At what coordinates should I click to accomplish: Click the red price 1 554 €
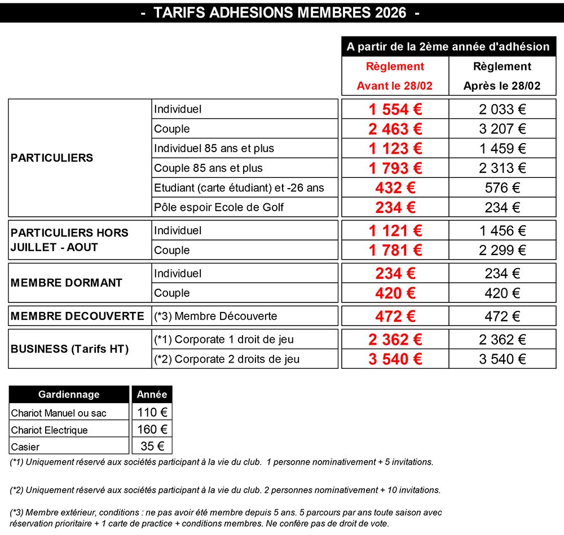[x=395, y=109]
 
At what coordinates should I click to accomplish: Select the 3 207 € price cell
[x=502, y=129]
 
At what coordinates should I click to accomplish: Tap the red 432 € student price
[x=395, y=188]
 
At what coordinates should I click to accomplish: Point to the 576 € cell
[x=502, y=188]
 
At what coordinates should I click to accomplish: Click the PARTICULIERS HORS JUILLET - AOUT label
[x=69, y=240]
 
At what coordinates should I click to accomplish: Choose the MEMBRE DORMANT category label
[x=67, y=283]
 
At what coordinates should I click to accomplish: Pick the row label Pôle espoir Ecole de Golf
[x=219, y=207]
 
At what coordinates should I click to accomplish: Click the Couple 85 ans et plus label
[x=208, y=168]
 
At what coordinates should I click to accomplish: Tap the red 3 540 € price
[x=395, y=359]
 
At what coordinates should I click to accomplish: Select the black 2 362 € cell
[x=502, y=340]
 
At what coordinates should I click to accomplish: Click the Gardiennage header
[x=69, y=395]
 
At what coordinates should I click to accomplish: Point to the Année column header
[x=152, y=395]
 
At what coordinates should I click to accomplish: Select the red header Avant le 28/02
[x=394, y=86]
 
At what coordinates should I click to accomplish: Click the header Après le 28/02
[x=502, y=86]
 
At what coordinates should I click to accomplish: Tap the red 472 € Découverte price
[x=395, y=316]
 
